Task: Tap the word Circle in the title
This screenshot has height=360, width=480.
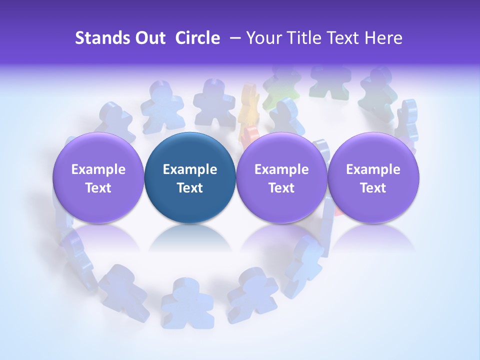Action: click(x=197, y=38)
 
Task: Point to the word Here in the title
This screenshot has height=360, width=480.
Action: click(x=383, y=38)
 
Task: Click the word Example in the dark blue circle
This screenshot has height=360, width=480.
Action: click(x=190, y=169)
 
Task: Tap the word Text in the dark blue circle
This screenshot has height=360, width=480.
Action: click(x=190, y=188)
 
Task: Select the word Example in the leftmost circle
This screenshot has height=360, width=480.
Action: click(x=98, y=169)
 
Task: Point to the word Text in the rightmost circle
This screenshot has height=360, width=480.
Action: click(x=373, y=188)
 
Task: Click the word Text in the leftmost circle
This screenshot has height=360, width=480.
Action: click(x=98, y=188)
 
